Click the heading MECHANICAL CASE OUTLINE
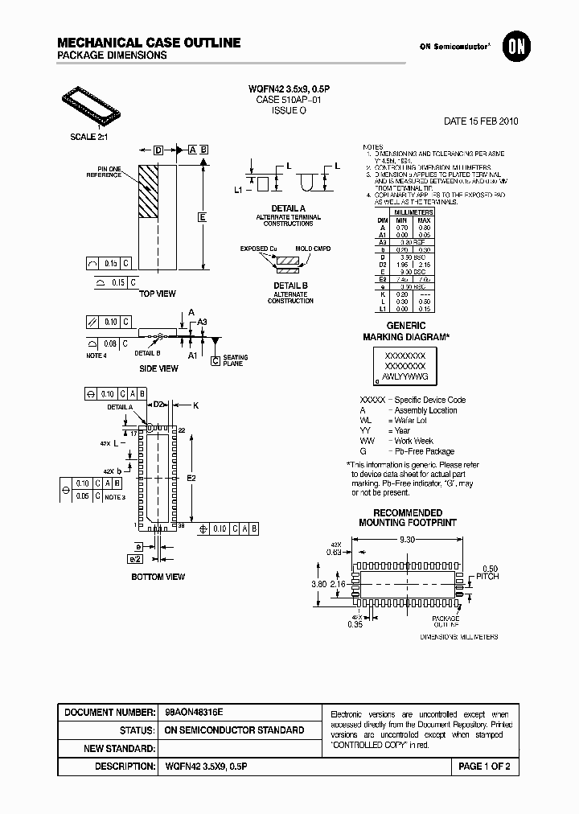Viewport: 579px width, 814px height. [x=149, y=42]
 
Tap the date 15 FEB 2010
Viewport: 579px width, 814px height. [x=481, y=121]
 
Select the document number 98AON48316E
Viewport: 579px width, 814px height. [x=194, y=712]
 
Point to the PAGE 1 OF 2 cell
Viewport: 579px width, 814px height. [x=484, y=767]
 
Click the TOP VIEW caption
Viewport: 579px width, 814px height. [x=158, y=294]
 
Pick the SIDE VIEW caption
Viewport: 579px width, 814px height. [x=159, y=368]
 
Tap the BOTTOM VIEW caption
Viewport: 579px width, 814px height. [x=158, y=576]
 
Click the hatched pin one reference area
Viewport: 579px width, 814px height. [x=150, y=191]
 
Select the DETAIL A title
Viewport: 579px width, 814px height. [x=287, y=208]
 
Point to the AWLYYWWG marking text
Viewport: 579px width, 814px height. [x=405, y=376]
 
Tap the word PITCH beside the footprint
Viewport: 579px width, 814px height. [x=487, y=576]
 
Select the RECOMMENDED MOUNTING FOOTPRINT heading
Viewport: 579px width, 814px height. [x=407, y=517]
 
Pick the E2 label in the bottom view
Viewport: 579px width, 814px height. [x=191, y=478]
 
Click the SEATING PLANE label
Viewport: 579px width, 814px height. [x=235, y=360]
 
